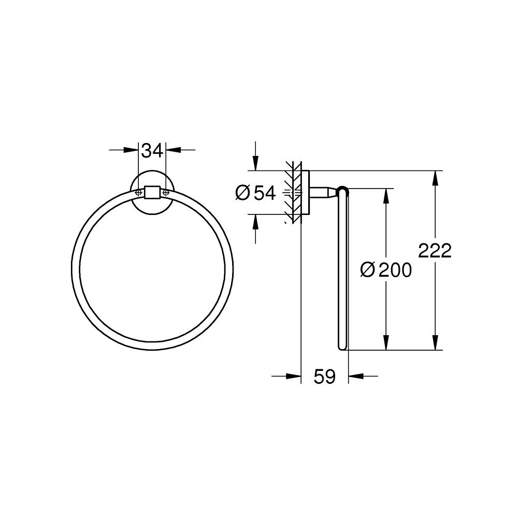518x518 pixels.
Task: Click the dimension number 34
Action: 152,151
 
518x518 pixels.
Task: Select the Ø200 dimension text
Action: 386,269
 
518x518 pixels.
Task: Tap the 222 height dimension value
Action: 435,251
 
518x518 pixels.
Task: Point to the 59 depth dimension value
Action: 325,377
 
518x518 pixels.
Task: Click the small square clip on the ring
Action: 152,192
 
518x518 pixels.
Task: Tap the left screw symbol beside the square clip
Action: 138,192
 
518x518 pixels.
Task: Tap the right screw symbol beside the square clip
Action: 166,192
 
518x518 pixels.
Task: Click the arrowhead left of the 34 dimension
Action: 133,151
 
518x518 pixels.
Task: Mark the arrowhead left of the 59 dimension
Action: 295,377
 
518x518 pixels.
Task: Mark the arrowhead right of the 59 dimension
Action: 355,377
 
